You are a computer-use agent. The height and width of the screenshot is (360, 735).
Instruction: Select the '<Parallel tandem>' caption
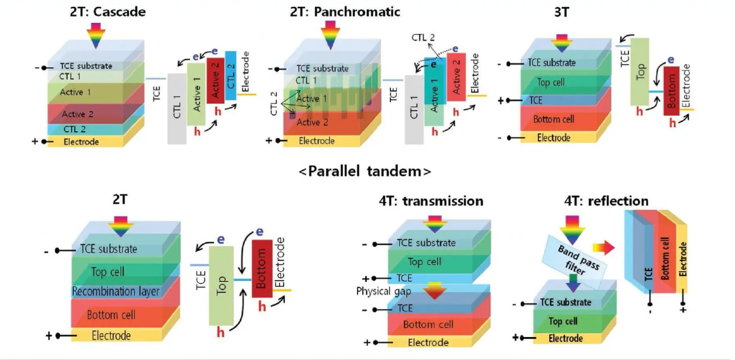pos(365,171)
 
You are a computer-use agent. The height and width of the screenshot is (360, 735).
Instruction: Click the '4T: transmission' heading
pos(431,200)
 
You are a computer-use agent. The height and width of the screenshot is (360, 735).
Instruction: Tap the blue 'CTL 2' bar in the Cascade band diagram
pos(231,75)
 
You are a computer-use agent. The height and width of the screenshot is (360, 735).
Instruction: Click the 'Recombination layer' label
pos(116,291)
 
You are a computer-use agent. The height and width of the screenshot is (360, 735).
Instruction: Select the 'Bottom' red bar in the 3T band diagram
pos(671,90)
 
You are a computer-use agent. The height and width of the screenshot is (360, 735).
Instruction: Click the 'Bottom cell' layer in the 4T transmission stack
pos(428,324)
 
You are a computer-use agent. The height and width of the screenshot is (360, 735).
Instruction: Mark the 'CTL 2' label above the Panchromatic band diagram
pos(423,38)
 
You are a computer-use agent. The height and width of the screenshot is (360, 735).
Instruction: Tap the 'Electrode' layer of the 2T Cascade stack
pos(81,142)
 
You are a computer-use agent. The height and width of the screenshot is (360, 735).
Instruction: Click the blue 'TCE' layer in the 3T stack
pos(536,100)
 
